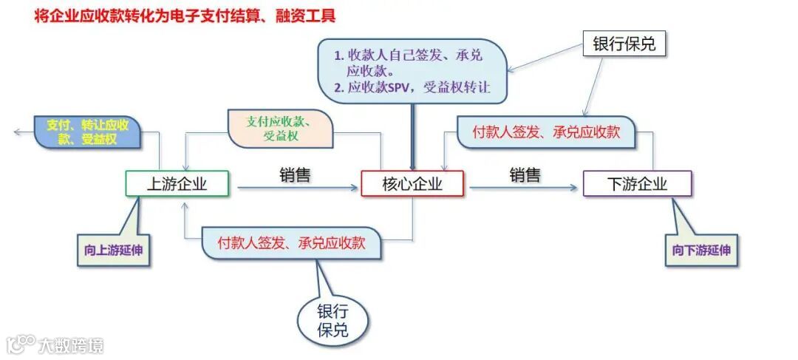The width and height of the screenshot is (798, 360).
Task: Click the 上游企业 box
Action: (177, 184)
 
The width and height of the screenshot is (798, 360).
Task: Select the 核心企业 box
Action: (412, 184)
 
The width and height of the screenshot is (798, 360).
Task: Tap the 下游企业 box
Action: (637, 184)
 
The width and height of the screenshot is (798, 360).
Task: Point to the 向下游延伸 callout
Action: (701, 250)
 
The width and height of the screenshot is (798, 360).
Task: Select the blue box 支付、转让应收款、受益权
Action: (87, 132)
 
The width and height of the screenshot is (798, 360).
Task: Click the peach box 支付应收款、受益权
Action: (282, 128)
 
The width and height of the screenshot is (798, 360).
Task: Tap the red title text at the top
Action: (185, 16)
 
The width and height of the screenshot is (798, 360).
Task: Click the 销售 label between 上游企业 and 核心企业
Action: (294, 174)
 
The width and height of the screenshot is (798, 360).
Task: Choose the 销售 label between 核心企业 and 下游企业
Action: (525, 174)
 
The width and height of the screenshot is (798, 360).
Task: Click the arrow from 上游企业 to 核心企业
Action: (296, 189)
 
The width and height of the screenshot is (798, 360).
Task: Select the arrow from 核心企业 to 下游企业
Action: (523, 189)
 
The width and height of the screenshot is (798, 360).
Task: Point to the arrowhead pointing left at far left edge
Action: (17, 132)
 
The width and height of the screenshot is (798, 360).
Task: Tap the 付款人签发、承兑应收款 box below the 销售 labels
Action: (291, 243)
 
